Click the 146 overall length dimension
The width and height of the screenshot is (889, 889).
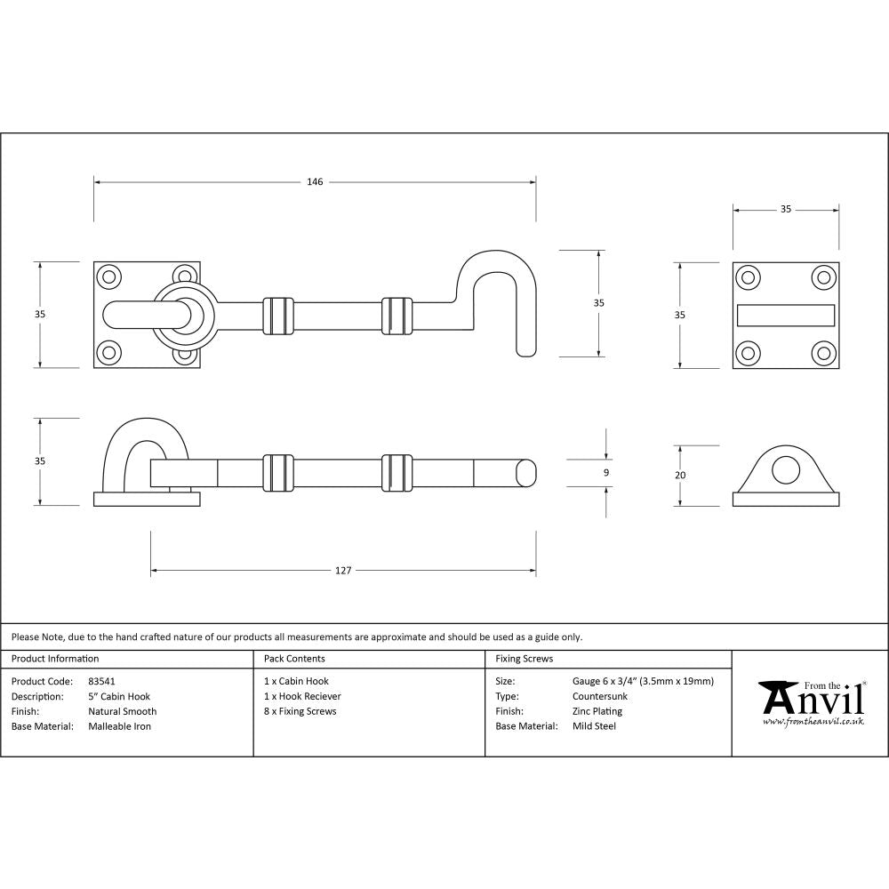[x=315, y=182]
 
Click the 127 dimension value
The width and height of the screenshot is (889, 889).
[x=343, y=570]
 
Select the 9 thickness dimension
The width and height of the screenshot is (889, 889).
[x=606, y=474]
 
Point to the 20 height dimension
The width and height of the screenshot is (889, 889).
[x=680, y=475]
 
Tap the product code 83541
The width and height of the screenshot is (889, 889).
[x=101, y=681]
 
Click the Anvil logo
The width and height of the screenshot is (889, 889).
[x=811, y=703]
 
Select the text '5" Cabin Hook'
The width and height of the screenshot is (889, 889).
[x=119, y=696]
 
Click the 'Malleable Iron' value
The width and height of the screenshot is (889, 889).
[x=119, y=726]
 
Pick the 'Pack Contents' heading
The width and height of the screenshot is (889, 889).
[x=294, y=659]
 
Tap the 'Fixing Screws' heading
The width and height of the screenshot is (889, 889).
[x=524, y=659]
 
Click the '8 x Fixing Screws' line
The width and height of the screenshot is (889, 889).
[x=300, y=711]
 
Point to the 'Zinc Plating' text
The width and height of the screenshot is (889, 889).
[x=597, y=711]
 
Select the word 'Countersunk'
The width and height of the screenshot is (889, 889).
[x=600, y=696]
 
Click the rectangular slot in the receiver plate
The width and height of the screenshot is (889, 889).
[x=785, y=316]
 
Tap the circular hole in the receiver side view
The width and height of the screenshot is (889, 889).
[x=785, y=470]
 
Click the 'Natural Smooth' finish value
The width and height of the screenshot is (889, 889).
[x=122, y=711]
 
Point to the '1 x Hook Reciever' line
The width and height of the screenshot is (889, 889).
[x=302, y=696]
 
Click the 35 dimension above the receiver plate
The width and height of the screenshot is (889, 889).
[x=786, y=210]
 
